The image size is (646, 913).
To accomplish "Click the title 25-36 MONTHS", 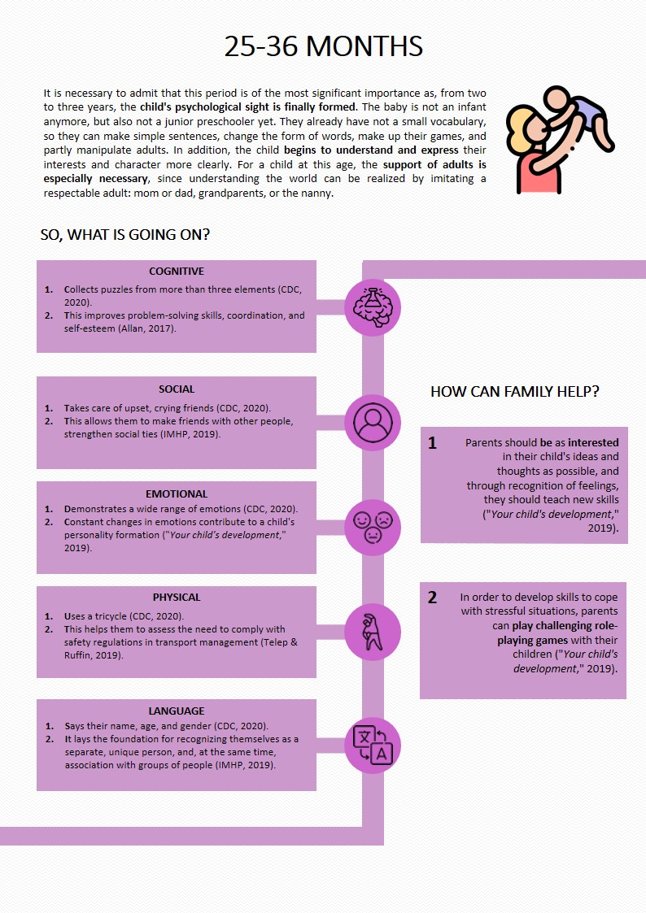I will [x=323, y=46].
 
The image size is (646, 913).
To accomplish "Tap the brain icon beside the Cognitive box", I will [x=373, y=307].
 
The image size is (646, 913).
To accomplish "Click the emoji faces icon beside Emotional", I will [x=373, y=527].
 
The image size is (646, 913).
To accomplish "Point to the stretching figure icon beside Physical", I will [x=373, y=631].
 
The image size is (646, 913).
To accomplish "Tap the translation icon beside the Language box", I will [x=373, y=745].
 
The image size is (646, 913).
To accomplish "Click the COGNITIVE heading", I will [x=177, y=272].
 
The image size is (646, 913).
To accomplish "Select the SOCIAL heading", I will [x=177, y=389].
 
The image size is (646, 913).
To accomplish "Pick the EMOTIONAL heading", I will [x=177, y=493].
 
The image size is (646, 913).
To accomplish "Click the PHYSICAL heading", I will [x=177, y=598].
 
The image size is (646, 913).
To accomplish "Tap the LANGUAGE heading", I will [x=177, y=711].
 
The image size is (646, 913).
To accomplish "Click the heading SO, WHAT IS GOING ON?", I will [x=125, y=236].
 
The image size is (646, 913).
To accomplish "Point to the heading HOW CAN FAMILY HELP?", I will [x=515, y=392].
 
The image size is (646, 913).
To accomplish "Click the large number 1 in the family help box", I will [x=433, y=443].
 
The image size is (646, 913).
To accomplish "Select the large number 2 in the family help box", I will [x=433, y=598].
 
